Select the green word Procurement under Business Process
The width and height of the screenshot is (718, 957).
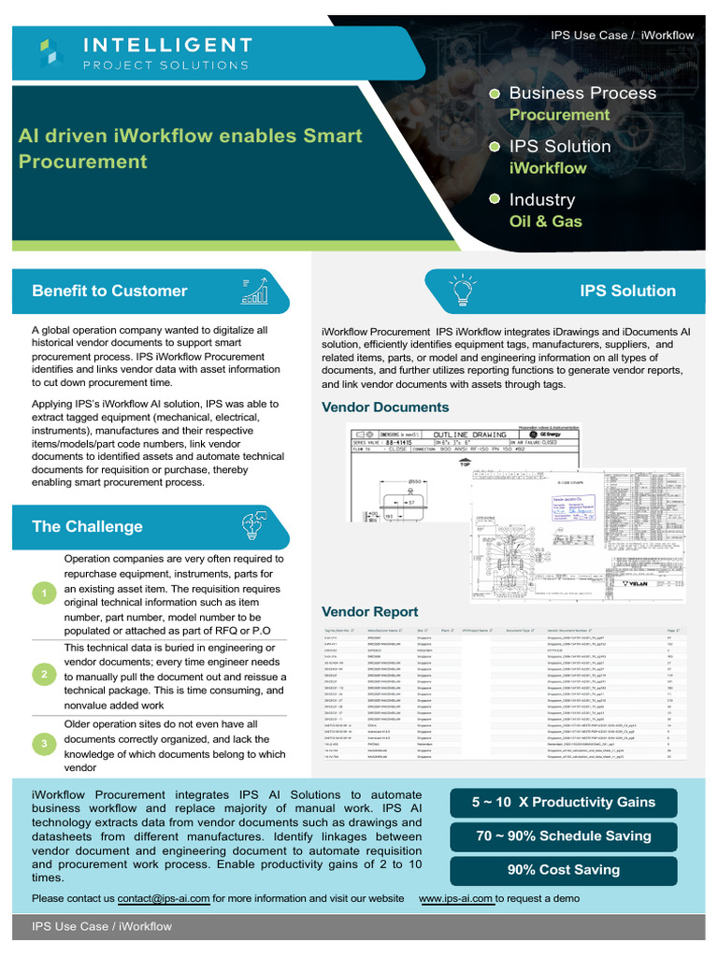pos(558,115)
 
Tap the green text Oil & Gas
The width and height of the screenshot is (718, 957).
pos(545,221)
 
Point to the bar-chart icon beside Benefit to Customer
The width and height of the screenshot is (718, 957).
pos(253,291)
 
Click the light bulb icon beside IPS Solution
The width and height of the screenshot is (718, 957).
pos(462,290)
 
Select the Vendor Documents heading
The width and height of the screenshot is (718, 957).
pos(385,407)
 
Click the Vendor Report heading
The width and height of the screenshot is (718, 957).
pos(369,612)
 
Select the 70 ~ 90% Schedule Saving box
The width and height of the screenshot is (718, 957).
pos(563,836)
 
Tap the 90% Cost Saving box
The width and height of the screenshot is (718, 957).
pos(563,869)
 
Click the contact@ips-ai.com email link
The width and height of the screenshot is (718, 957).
pos(164,898)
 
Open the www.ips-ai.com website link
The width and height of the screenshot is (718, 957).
pos(455,898)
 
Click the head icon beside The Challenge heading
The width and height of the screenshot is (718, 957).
pos(253,524)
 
